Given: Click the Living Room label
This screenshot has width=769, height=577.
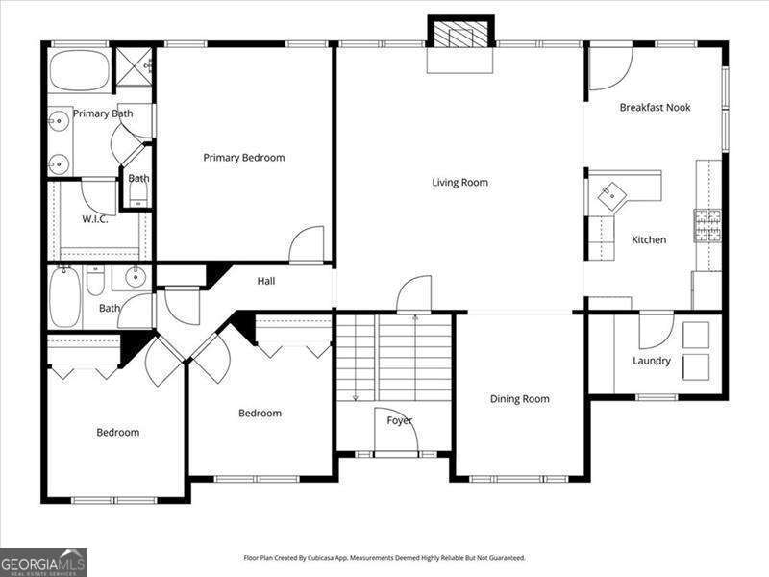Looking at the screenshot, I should [459, 183].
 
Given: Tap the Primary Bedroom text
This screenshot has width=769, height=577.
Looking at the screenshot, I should [243, 158].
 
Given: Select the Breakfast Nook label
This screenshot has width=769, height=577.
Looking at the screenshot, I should [655, 108].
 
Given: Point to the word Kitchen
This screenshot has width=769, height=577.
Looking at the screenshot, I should [649, 239].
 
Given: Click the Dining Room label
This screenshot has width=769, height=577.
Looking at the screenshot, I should [519, 399].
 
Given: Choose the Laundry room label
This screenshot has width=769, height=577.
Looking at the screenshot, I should [652, 362].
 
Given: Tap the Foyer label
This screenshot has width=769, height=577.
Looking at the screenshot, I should [400, 421].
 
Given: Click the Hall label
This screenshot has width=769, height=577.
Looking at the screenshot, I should [266, 281].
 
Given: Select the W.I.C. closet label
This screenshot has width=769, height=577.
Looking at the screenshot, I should [94, 219].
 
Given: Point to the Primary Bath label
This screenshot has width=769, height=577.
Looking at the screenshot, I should [103, 113].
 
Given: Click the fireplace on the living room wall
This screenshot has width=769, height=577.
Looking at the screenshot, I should [460, 34].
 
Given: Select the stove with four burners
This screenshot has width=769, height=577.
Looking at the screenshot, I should [708, 225].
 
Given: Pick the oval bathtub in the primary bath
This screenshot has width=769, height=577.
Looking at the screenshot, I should [80, 71].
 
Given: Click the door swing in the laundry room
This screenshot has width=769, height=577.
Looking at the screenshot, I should [656, 331].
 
